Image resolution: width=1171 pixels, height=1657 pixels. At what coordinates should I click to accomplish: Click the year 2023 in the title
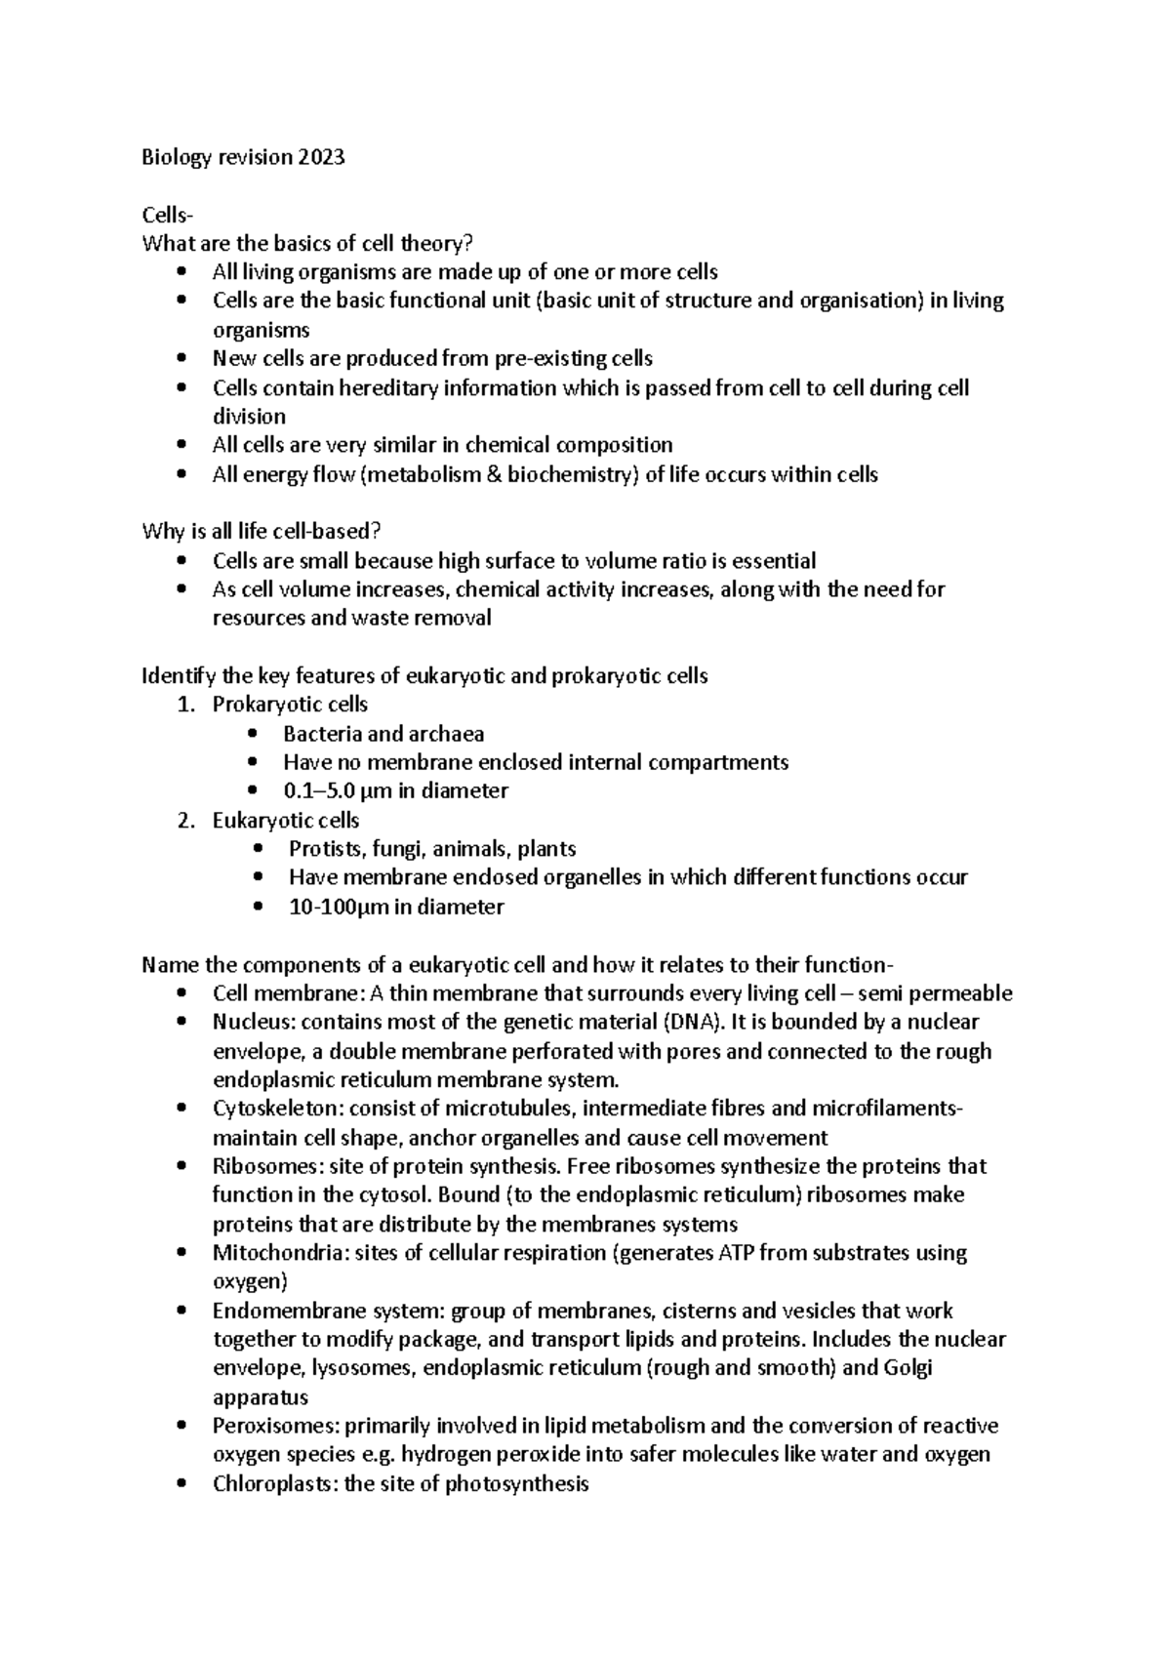click(323, 158)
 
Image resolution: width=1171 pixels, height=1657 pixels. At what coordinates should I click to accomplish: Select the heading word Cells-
click(167, 215)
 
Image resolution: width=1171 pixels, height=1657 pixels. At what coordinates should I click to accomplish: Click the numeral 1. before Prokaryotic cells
click(186, 705)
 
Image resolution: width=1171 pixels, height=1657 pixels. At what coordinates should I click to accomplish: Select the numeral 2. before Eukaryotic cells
click(186, 821)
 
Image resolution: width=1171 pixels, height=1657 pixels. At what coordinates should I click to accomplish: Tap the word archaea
click(446, 734)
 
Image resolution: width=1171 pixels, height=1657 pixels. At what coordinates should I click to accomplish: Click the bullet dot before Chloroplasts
click(182, 1484)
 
